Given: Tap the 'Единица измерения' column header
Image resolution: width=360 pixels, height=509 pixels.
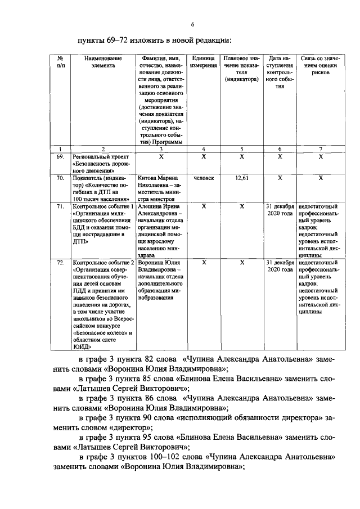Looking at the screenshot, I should [x=203, y=61].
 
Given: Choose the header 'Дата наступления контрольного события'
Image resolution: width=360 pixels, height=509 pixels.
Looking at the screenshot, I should [x=280, y=73].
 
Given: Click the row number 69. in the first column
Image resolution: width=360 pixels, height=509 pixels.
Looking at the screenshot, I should [x=60, y=156].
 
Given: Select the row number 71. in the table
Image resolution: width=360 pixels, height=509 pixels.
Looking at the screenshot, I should [x=60, y=207].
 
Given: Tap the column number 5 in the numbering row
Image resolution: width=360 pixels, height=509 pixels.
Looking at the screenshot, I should [x=241, y=148].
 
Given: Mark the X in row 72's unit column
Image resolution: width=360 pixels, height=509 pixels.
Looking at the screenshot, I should [x=204, y=262].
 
